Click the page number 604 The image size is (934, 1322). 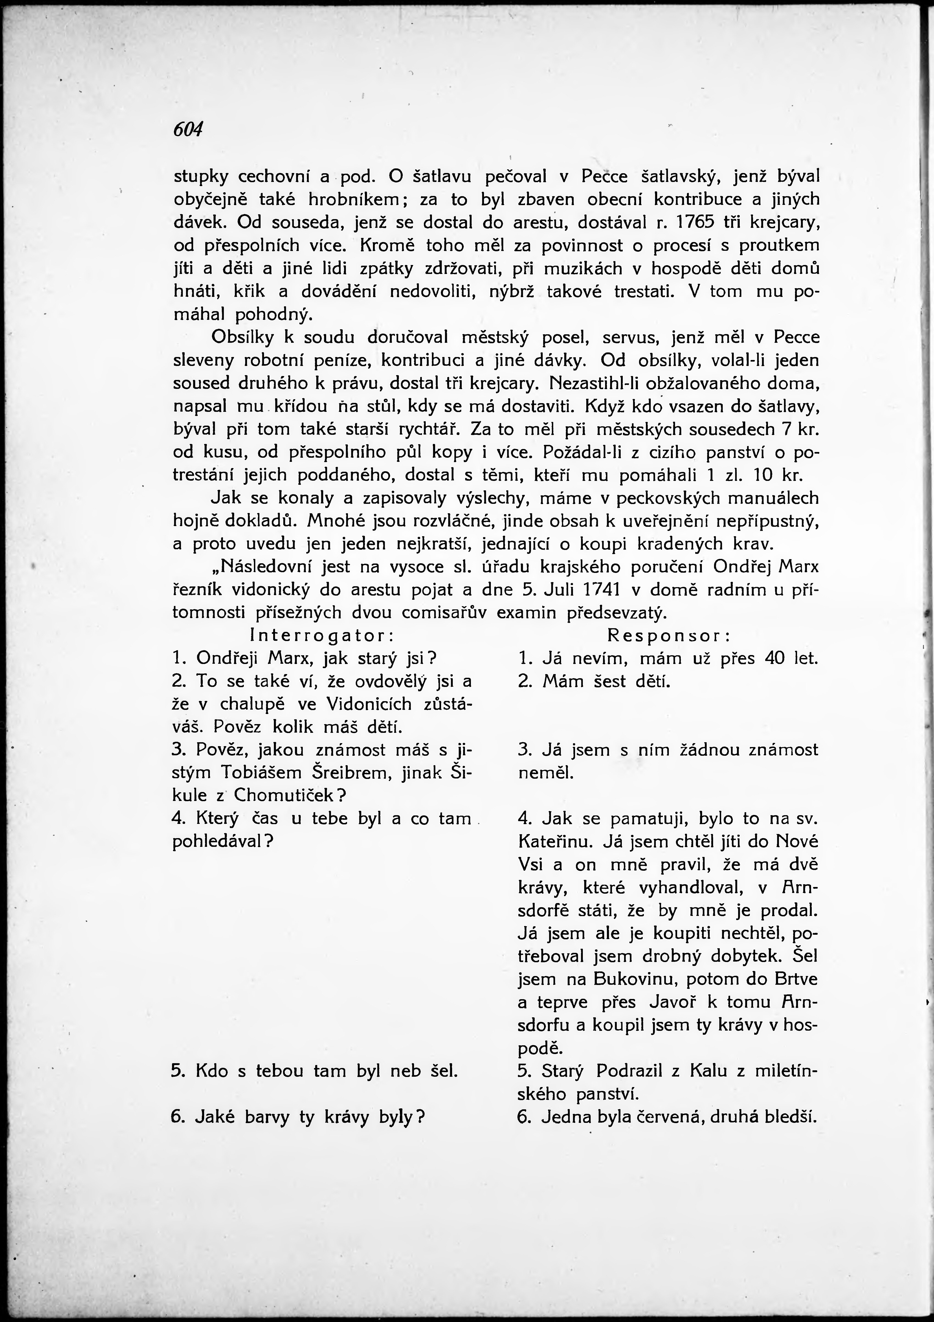click(188, 130)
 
